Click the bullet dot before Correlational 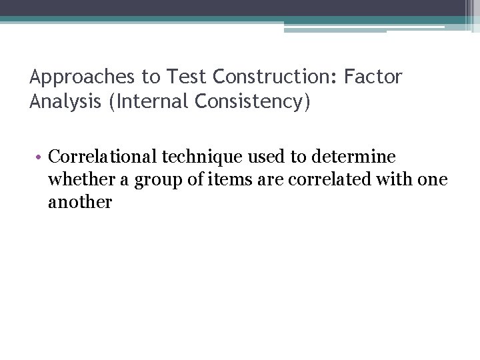[41, 157]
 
